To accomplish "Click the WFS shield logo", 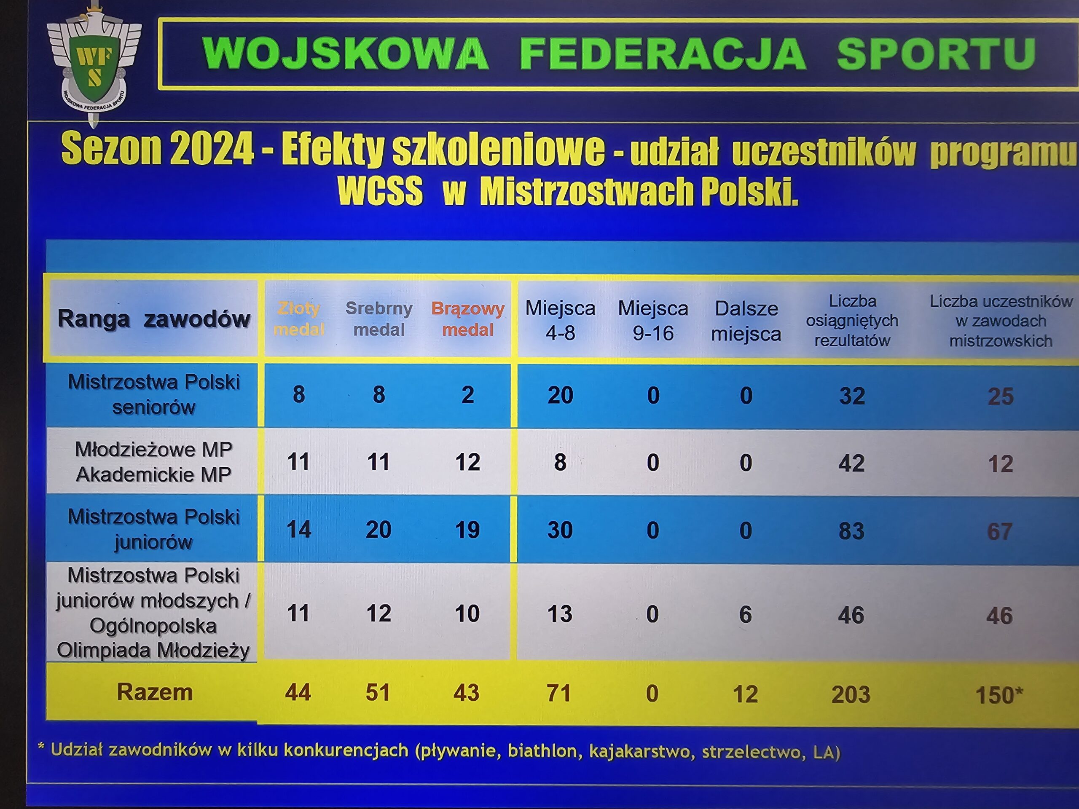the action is point(94,63).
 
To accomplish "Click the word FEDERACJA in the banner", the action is point(663,54).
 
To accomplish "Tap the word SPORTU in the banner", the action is point(936,54).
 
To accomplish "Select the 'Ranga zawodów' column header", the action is point(154,319).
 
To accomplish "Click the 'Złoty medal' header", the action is point(298,319).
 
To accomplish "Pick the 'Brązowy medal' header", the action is point(468,319).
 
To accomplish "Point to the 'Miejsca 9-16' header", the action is point(653,320).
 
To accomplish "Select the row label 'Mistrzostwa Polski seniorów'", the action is point(154,394).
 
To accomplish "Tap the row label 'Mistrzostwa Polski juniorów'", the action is point(154,529).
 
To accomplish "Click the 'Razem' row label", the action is point(155,692).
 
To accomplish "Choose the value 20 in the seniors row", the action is point(560,395).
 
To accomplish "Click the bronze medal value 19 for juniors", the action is point(467,530).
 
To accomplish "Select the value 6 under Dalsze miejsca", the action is point(745,614).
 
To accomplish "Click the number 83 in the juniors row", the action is point(851,531).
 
